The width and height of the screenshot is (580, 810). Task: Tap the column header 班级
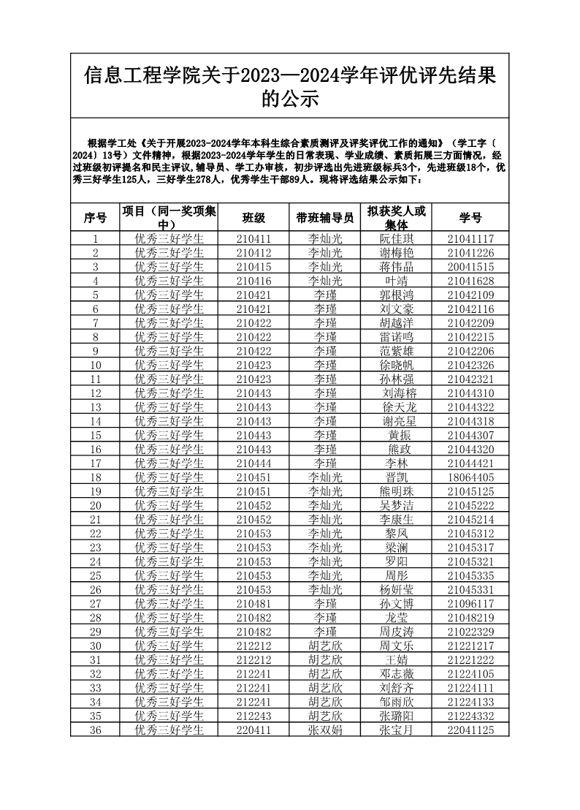point(253,218)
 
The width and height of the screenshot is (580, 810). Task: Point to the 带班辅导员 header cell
point(325,218)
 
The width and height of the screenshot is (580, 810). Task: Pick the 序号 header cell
point(95,218)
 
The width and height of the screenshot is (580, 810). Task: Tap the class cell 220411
point(253,730)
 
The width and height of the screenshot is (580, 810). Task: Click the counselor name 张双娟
point(325,730)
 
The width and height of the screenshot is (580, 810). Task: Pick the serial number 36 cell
point(95,730)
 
